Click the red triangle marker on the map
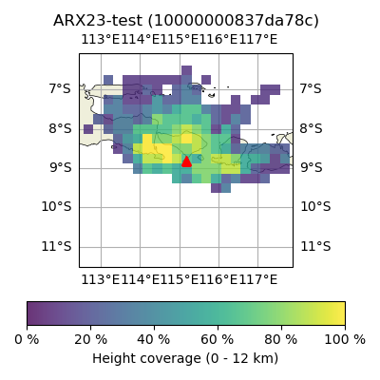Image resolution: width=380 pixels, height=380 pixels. click(x=186, y=161)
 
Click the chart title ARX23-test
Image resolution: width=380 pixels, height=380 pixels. click(x=186, y=21)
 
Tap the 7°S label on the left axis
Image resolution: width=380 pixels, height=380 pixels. click(x=60, y=88)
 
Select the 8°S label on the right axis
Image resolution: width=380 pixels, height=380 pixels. click(x=311, y=128)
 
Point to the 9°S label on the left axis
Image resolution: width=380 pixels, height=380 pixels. click(x=60, y=167)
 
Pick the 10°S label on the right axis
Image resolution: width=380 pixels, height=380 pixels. click(x=315, y=207)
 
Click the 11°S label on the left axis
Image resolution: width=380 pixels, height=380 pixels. click(x=57, y=246)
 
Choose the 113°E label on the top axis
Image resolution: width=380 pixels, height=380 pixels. click(x=101, y=40)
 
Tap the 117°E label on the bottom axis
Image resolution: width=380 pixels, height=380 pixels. click(x=258, y=280)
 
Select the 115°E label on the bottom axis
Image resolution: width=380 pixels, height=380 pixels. click(x=180, y=280)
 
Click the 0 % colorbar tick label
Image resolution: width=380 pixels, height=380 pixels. click(x=27, y=340)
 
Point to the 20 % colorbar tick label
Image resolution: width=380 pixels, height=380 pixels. click(x=91, y=340)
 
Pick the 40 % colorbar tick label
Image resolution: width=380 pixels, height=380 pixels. click(x=154, y=340)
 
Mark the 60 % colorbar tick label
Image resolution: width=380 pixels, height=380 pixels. click(x=218, y=340)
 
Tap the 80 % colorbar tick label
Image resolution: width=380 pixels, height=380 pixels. click(x=281, y=340)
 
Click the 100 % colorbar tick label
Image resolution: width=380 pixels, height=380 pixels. click(x=345, y=340)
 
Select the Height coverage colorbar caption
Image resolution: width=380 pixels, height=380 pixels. click(x=185, y=359)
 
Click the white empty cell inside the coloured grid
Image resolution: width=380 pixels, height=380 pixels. click(x=167, y=89)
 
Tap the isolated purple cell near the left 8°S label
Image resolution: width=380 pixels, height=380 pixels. click(x=88, y=129)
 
